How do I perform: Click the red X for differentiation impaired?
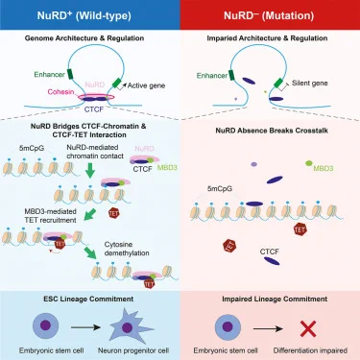pos(308,328)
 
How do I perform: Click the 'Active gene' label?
pos(146,85)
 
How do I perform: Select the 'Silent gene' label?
pos(310,84)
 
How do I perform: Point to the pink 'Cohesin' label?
pos(60,92)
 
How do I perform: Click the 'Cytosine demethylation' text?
pos(127,249)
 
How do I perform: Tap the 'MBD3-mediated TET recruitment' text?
pos(50,216)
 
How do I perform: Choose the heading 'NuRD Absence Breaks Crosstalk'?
pos(272,131)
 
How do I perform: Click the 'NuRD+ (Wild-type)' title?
pos(84,15)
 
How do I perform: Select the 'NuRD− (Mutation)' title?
pos(269,15)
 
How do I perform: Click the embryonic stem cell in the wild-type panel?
pos(45,326)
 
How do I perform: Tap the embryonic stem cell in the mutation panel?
pos(228,327)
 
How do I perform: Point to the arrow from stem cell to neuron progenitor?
pos(85,327)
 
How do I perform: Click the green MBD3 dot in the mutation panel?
pos(308,163)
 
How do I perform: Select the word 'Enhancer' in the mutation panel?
pos(212,76)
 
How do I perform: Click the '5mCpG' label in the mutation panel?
pos(220,189)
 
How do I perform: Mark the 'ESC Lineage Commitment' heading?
pos(88,299)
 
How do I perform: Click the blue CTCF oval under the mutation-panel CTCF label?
pos(272,261)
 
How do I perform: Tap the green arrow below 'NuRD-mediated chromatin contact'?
pos(90,170)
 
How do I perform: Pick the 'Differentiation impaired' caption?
pos(310,350)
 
